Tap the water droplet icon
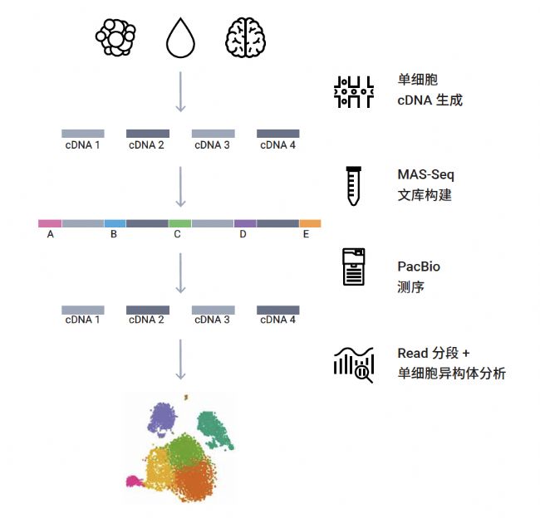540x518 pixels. pos(180,38)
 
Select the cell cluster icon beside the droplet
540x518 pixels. pos(115,38)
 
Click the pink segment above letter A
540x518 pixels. pos(50,223)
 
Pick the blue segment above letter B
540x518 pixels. pos(115,223)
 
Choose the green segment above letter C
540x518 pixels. pos(179,223)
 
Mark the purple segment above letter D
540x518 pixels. pos(245,223)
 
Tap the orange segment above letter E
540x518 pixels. pos(310,223)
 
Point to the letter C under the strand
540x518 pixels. pos(177,235)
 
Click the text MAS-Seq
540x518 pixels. pos(426,175)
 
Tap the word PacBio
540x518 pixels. pos(419,266)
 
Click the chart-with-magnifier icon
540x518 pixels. pos(353,364)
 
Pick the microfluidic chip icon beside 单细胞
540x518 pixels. pos(353,90)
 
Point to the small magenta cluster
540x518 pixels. pos(131,481)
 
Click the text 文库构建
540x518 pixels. pos(425,196)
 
